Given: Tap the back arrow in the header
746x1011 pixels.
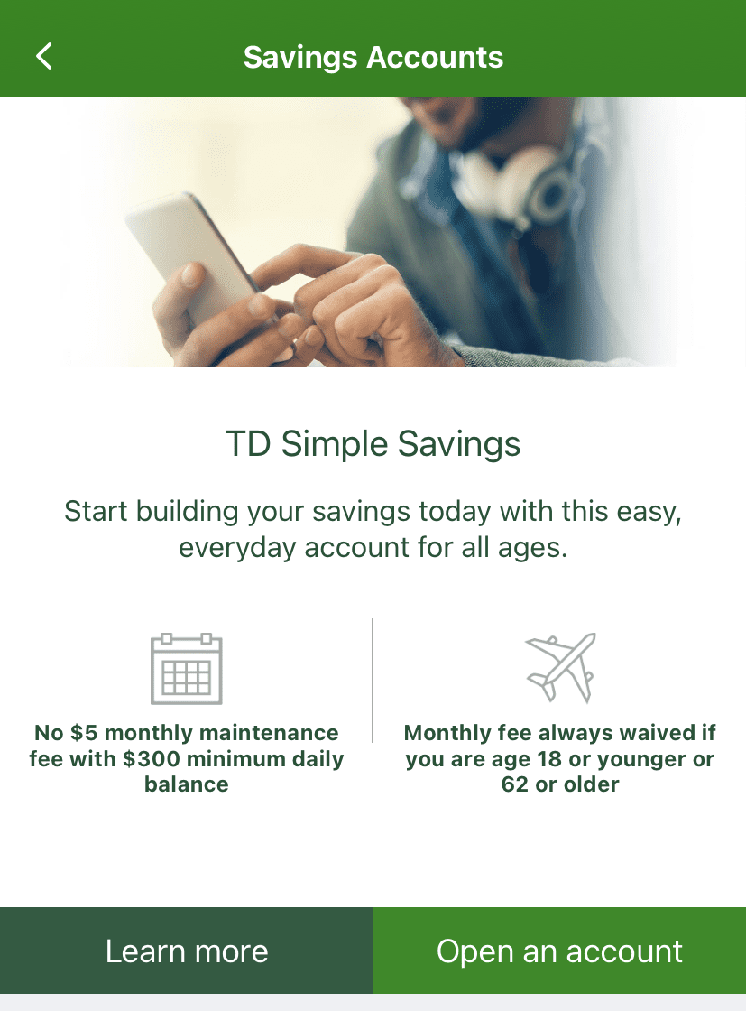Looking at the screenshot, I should (x=44, y=56).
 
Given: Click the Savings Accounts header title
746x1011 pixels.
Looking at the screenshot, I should (x=373, y=57).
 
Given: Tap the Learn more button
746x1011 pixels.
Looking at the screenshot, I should (x=187, y=951).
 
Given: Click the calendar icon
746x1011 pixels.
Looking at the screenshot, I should (x=187, y=669).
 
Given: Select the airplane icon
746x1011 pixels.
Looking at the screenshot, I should (x=560, y=667).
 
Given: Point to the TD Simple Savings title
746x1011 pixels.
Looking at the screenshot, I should (x=373, y=444).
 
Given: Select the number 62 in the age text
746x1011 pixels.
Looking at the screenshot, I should (x=515, y=784).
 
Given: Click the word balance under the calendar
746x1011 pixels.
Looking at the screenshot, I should (x=187, y=784).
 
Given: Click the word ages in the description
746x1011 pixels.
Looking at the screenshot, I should (x=534, y=548).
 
